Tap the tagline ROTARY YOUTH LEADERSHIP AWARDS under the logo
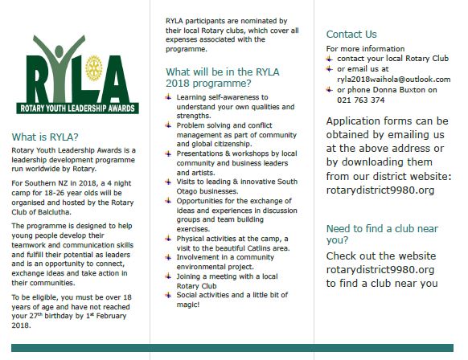click(74, 102)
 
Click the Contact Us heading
click(351, 35)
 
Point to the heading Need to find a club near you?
click(372, 233)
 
